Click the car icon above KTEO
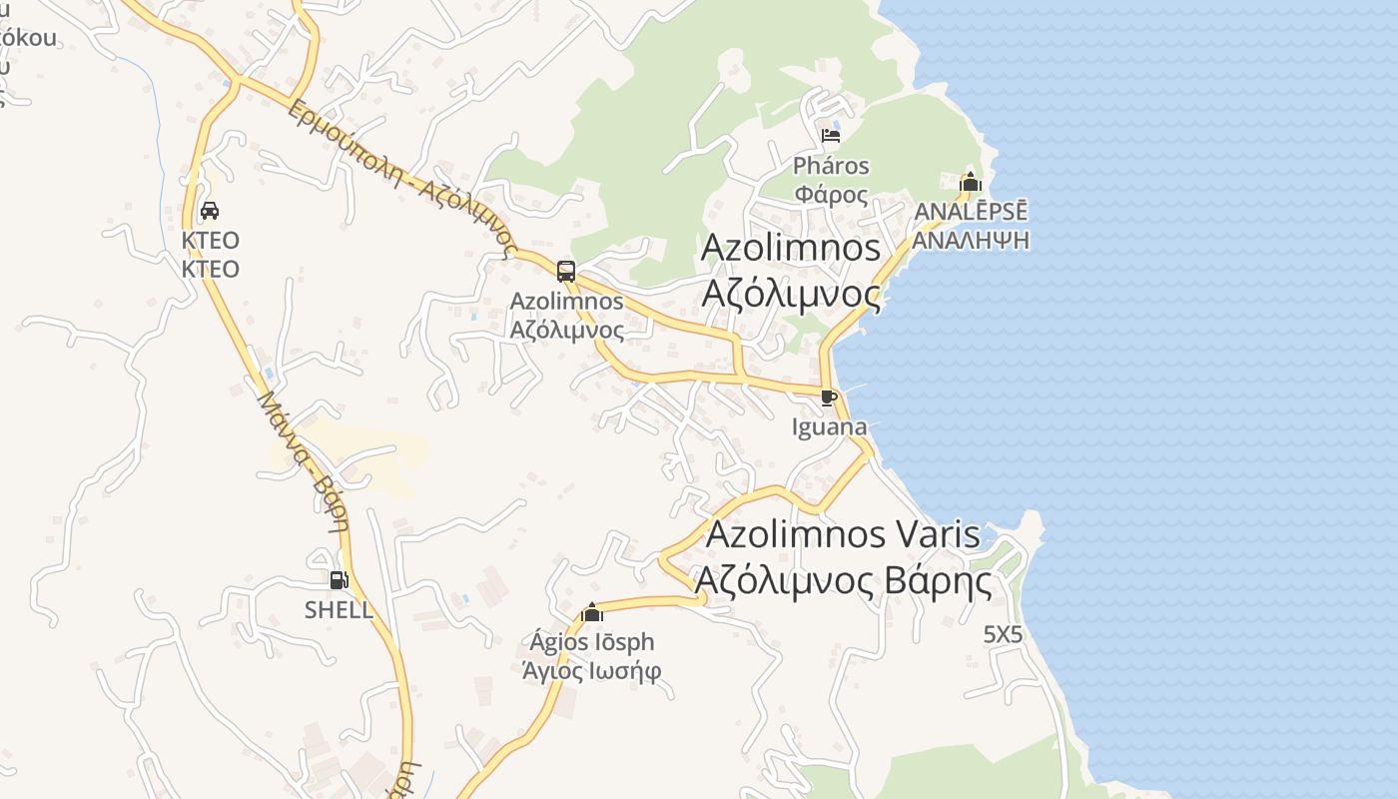[x=210, y=211]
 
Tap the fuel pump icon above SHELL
[x=339, y=579]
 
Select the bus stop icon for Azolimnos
[x=566, y=271]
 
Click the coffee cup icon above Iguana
[x=828, y=399]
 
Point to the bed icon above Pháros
[x=831, y=136]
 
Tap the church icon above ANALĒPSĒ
[x=970, y=183]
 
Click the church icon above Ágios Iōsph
[x=592, y=612]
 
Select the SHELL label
[x=339, y=609]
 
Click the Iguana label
[x=829, y=427]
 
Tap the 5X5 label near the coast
[x=1004, y=634]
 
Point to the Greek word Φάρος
[x=832, y=194]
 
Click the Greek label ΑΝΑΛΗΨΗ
[x=971, y=241]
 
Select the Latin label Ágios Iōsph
[x=592, y=642]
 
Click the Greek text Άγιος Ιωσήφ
[x=592, y=670]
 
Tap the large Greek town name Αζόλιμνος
[x=792, y=295]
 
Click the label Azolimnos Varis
[x=844, y=534]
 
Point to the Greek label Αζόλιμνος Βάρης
[x=844, y=580]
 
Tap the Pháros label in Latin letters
[x=832, y=166]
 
